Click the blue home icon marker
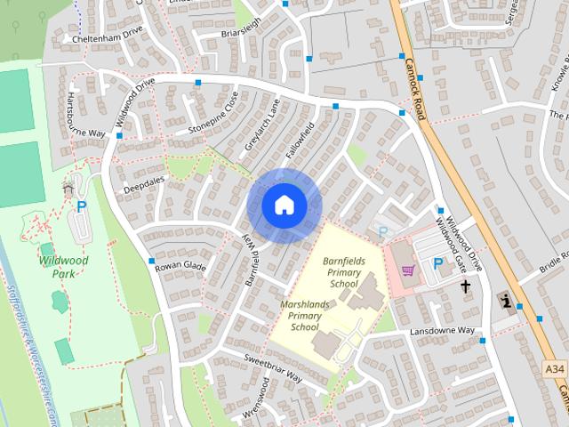click(284, 205)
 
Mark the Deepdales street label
click(144, 184)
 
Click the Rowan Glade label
click(180, 266)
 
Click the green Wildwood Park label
click(63, 268)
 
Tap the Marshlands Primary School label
click(304, 316)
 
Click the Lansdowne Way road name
click(442, 331)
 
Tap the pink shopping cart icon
click(407, 270)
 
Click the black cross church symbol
click(465, 286)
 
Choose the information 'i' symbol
click(507, 300)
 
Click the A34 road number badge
click(554, 367)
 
